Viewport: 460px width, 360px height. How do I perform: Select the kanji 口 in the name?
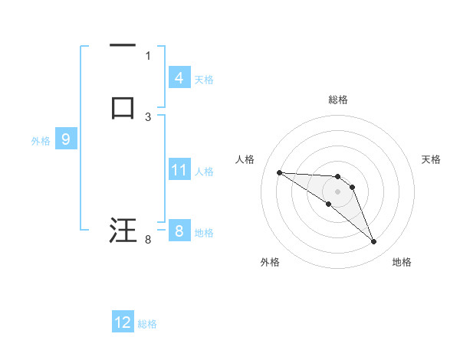pyautogui.click(x=123, y=106)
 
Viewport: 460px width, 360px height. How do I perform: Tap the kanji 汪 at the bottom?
pyautogui.click(x=123, y=230)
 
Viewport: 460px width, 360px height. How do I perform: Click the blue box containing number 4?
pyautogui.click(x=179, y=77)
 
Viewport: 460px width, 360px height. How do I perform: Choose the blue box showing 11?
pyautogui.click(x=179, y=170)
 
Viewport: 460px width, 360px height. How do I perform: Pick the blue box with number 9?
pyautogui.click(x=65, y=139)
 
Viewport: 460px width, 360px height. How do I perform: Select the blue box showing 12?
pyautogui.click(x=123, y=322)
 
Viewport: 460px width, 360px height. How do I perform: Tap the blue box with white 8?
pyautogui.click(x=179, y=231)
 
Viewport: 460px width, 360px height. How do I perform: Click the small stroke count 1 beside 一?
pyautogui.click(x=148, y=56)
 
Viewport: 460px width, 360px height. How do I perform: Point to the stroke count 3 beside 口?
pyautogui.click(x=148, y=116)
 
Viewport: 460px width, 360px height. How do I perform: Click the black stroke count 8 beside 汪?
pyautogui.click(x=148, y=240)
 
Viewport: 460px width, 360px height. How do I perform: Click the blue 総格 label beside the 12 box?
pyautogui.click(x=148, y=324)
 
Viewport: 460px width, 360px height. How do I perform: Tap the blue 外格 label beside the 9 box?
pyautogui.click(x=41, y=141)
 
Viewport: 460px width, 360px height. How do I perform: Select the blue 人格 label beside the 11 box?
pyautogui.click(x=205, y=172)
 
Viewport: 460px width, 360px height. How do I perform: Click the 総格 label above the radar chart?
pyautogui.click(x=337, y=100)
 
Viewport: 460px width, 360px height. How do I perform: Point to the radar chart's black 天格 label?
pyautogui.click(x=431, y=159)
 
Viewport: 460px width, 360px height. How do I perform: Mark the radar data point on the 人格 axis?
pyautogui.click(x=279, y=172)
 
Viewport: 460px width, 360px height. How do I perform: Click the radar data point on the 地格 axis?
pyautogui.click(x=373, y=242)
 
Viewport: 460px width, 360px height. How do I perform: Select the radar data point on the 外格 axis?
pyautogui.click(x=328, y=204)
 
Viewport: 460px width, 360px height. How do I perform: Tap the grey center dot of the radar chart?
pyautogui.click(x=337, y=191)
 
